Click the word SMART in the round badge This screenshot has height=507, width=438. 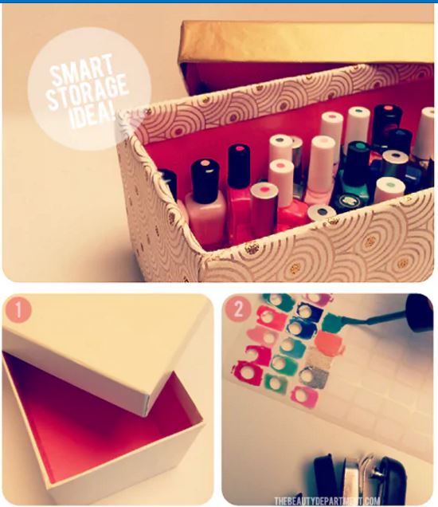tap(81, 72)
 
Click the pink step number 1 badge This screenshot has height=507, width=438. tap(18, 309)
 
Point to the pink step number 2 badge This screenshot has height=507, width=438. tap(238, 309)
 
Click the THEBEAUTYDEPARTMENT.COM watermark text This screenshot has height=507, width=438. tap(327, 501)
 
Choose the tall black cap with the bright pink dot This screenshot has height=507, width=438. tap(239, 167)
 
